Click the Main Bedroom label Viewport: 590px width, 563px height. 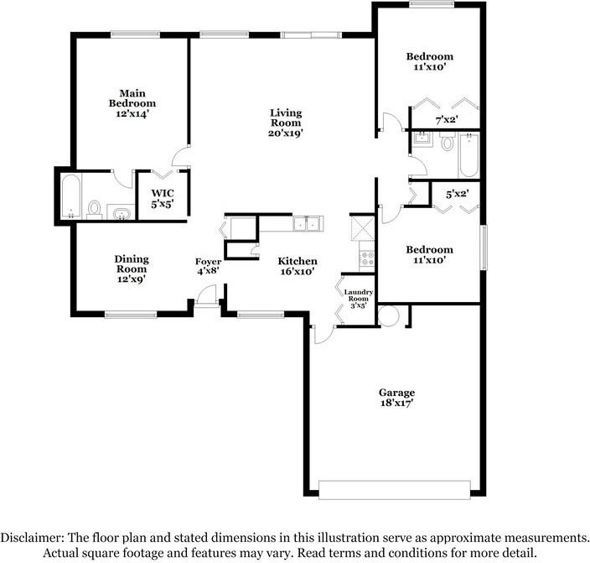[132, 98]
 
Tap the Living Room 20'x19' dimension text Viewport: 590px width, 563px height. [286, 133]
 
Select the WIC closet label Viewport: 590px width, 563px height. [163, 193]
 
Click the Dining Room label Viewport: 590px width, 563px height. [132, 263]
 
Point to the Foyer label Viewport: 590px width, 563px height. [208, 262]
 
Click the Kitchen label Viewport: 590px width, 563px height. [298, 261]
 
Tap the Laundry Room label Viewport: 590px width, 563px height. [358, 295]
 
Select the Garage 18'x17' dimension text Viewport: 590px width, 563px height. [396, 403]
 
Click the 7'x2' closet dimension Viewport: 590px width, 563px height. [447, 120]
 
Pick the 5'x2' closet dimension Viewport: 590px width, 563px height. [458, 194]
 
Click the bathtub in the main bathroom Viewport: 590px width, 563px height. [70, 196]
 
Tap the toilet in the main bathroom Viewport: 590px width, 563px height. [94, 210]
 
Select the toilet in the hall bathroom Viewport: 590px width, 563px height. [447, 141]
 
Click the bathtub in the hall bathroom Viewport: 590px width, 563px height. [468, 154]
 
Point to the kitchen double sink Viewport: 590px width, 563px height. [307, 223]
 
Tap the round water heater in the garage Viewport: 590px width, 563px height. [388, 315]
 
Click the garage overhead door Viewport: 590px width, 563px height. [395, 490]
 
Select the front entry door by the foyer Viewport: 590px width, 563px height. [206, 297]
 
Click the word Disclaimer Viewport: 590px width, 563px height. [32, 538]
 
